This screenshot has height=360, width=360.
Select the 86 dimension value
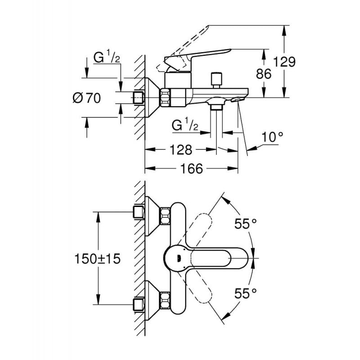click(x=264, y=73)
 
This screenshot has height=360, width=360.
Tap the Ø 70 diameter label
click(x=86, y=98)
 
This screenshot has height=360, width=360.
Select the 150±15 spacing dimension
click(x=96, y=259)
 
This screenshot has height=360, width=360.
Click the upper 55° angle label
click(x=245, y=224)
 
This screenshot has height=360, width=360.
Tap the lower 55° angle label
click(x=245, y=293)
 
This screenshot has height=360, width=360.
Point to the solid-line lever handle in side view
click(x=198, y=57)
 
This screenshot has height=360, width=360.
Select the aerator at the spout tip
click(x=237, y=99)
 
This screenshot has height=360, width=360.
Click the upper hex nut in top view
click(x=165, y=215)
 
